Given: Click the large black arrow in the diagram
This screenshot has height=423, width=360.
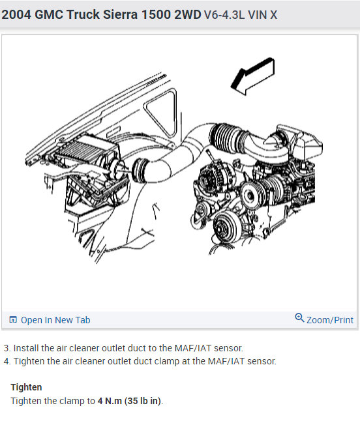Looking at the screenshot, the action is [252, 76].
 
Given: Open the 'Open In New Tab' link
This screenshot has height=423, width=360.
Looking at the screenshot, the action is [55, 320].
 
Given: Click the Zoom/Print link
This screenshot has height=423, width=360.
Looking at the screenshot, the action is [330, 320].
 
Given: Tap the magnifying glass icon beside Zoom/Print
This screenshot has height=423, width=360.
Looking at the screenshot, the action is [299, 317].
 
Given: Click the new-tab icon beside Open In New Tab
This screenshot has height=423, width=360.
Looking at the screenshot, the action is [13, 319].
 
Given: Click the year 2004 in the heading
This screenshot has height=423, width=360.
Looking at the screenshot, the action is [16, 14].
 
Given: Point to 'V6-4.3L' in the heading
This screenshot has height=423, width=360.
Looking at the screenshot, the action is [224, 15].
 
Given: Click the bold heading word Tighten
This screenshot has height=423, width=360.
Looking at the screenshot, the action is [26, 387].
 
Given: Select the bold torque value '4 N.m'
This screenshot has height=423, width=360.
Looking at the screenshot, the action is [110, 401].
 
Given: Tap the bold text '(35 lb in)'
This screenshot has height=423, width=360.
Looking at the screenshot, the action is [142, 401].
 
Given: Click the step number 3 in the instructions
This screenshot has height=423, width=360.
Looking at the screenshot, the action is [7, 348].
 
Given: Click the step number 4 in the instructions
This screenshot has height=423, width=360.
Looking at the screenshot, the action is [7, 361].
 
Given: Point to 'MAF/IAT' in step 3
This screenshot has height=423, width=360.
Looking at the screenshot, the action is [192, 348].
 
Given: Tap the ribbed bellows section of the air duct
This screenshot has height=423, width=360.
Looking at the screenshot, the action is [226, 138].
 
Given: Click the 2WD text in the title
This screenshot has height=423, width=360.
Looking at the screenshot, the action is [188, 14].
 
